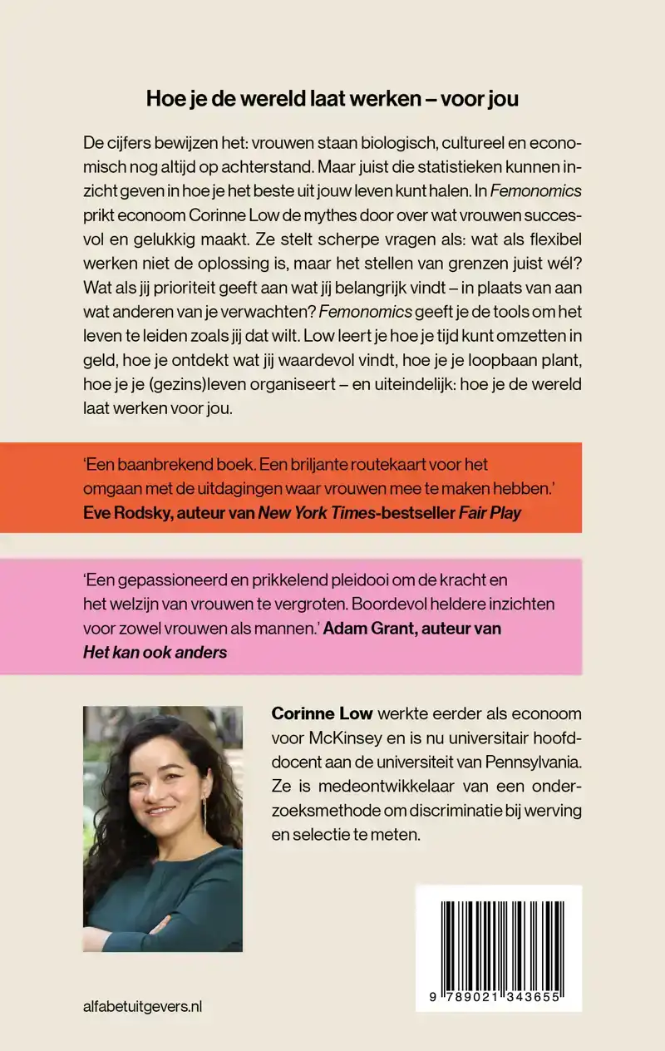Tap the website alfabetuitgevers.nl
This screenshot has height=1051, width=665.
[143, 1007]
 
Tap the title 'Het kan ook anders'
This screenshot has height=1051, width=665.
[155, 651]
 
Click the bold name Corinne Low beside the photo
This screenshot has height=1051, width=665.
[323, 715]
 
